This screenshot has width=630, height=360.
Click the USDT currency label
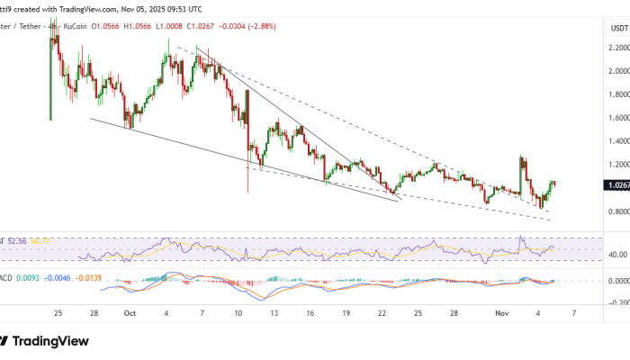pyautogui.click(x=619, y=27)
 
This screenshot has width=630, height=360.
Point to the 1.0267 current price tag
pyautogui.click(x=618, y=184)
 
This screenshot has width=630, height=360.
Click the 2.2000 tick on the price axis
pyautogui.click(x=618, y=48)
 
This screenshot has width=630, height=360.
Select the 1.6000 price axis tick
pyautogui.click(x=618, y=118)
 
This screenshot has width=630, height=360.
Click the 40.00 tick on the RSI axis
pyautogui.click(x=618, y=255)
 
